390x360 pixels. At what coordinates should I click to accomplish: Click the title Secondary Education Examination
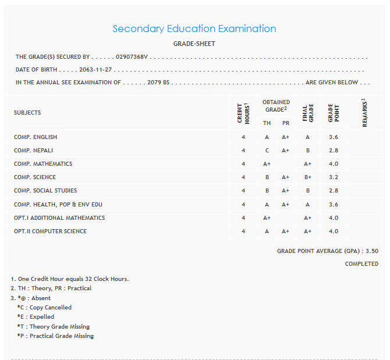194,28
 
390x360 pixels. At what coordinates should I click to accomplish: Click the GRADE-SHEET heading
194,44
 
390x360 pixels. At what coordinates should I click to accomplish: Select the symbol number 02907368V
132,57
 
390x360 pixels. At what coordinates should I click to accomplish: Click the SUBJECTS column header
27,113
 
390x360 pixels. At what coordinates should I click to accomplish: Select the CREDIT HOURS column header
243,113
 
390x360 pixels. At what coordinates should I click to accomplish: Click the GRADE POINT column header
333,113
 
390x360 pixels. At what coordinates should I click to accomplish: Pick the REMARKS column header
364,113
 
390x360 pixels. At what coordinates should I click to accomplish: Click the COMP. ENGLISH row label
36,137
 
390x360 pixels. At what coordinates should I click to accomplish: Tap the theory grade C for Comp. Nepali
267,151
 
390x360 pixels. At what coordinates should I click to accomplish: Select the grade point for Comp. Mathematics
333,164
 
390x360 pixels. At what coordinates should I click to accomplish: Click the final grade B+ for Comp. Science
307,177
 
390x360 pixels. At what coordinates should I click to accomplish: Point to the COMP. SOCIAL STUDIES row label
45,191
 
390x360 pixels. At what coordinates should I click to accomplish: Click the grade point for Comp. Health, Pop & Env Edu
333,204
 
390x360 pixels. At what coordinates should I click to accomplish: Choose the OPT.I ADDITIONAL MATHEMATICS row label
59,218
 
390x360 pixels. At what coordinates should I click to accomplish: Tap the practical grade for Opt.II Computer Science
285,231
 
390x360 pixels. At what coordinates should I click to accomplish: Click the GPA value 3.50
371,251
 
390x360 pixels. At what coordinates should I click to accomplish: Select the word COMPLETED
361,264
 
